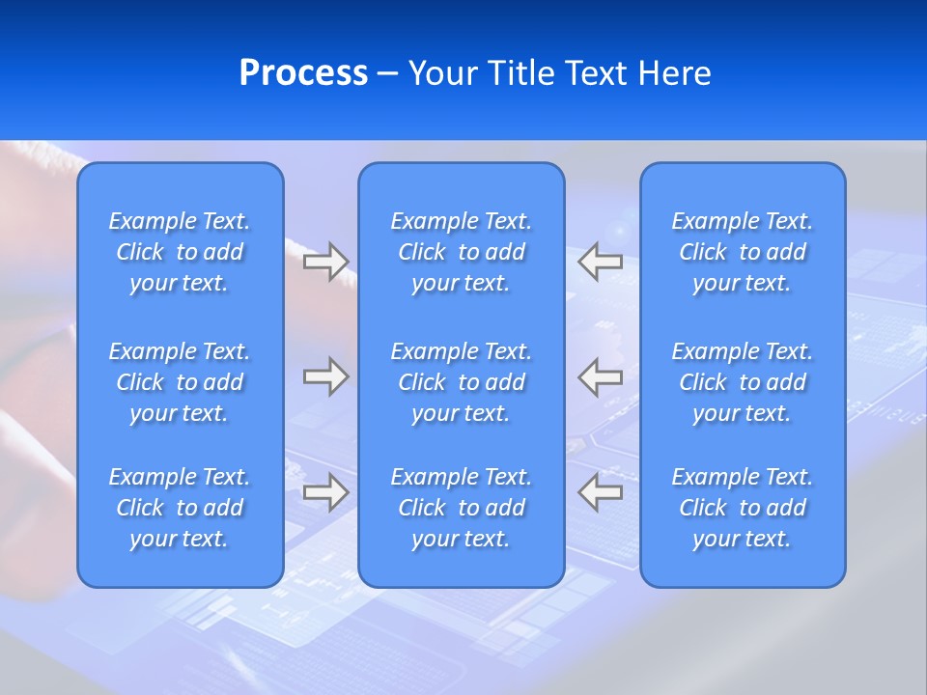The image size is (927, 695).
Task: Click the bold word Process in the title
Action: (303, 73)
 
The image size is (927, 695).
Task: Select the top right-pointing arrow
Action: (325, 262)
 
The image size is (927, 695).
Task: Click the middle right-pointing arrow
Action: (325, 376)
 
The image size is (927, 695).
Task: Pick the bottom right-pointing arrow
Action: (325, 491)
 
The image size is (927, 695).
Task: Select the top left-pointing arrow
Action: (601, 262)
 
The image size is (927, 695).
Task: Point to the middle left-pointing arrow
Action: (601, 376)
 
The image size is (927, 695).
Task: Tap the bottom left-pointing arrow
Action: (601, 491)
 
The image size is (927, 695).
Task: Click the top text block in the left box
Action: (180, 252)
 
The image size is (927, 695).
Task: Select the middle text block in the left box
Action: (180, 382)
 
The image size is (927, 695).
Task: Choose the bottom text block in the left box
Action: (180, 508)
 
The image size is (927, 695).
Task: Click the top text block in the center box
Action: (462, 252)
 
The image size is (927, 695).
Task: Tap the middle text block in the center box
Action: (462, 382)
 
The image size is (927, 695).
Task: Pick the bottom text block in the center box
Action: (462, 508)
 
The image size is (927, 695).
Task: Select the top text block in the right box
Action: (743, 252)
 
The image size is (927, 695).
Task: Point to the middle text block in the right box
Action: (743, 382)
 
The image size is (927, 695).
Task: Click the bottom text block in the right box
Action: (743, 508)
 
